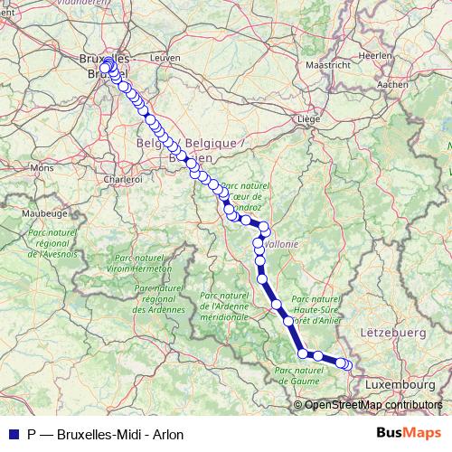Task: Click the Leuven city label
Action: click(x=160, y=56)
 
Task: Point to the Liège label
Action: click(x=310, y=118)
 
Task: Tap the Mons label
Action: click(x=42, y=168)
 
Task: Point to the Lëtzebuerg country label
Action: click(x=392, y=334)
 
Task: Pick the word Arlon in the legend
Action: click(x=167, y=435)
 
